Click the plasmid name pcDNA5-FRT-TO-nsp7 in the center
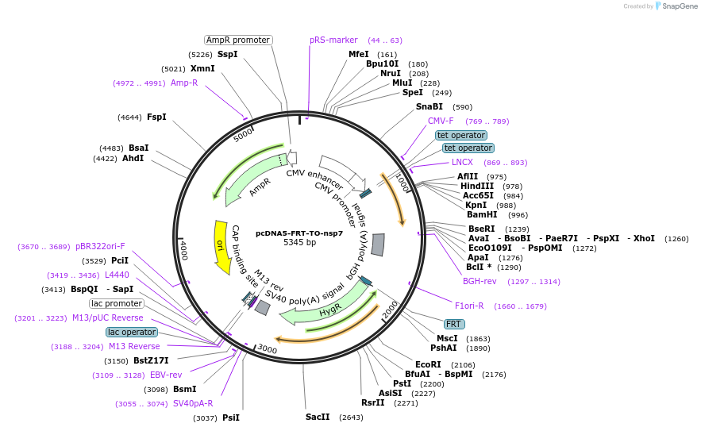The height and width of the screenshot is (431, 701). pyautogui.click(x=299, y=233)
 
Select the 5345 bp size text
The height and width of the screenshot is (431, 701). pyautogui.click(x=299, y=243)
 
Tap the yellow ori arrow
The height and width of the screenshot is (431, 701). pyautogui.click(x=221, y=246)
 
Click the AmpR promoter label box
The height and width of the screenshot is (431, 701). pyautogui.click(x=238, y=40)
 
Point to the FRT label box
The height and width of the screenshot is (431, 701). pyautogui.click(x=454, y=325)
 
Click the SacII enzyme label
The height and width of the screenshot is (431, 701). pyautogui.click(x=318, y=418)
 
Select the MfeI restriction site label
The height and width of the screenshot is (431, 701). pyautogui.click(x=359, y=54)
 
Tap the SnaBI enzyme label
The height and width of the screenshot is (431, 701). pyautogui.click(x=429, y=106)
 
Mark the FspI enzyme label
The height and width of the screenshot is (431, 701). pyautogui.click(x=156, y=117)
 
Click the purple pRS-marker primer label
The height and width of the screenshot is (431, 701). pyautogui.click(x=333, y=40)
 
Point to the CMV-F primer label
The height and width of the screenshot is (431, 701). pyautogui.click(x=441, y=121)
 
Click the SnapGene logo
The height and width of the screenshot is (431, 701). pyautogui.click(x=674, y=6)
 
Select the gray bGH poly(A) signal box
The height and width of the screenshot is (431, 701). pyautogui.click(x=378, y=244)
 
